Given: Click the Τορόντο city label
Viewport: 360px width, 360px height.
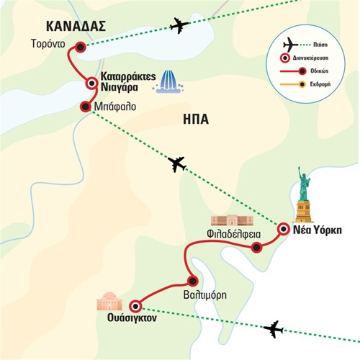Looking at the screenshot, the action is click(x=48, y=44).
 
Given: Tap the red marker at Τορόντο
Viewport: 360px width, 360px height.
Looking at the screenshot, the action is click(x=81, y=48).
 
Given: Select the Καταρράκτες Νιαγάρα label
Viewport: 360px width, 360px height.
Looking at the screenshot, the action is click(x=128, y=82).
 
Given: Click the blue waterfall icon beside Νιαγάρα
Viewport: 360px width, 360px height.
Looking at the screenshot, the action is click(x=168, y=81).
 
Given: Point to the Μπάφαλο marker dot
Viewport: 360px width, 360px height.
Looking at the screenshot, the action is click(x=85, y=107).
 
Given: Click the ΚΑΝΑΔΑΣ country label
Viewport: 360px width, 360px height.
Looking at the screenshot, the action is click(x=76, y=26).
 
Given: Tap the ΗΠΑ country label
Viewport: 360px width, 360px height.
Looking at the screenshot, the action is click(x=196, y=120).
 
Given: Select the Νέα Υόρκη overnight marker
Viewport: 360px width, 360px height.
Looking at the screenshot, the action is click(x=284, y=229).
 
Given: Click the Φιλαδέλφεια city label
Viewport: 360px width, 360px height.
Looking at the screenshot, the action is click(x=234, y=234).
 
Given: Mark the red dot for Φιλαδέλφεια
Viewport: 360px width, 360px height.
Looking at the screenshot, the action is click(x=256, y=247).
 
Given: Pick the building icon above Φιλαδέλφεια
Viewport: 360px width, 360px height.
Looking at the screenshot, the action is click(x=232, y=220).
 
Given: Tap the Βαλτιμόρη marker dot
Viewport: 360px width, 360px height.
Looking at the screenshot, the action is click(x=192, y=281).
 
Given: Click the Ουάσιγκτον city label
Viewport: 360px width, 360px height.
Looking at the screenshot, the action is click(x=132, y=318).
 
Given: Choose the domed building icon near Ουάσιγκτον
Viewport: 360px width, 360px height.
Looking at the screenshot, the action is click(x=109, y=302).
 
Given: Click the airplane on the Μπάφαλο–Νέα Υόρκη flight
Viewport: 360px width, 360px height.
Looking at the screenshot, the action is click(x=177, y=164).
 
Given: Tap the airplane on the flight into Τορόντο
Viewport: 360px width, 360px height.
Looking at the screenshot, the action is click(x=179, y=25).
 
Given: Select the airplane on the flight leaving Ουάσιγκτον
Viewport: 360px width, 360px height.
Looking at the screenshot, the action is click(x=274, y=329).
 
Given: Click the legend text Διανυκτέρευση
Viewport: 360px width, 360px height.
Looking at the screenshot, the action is click(x=310, y=58).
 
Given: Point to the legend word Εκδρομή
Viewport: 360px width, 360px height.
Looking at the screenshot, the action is click(x=320, y=84).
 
